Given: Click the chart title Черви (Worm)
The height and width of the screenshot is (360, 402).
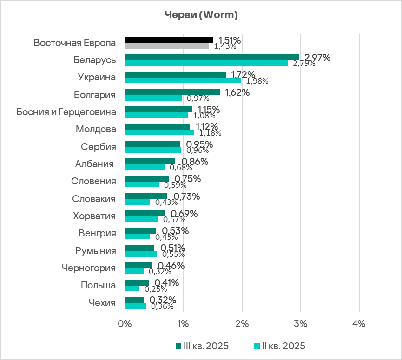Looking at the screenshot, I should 201,15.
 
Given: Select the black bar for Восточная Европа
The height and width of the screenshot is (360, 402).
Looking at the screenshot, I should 169,40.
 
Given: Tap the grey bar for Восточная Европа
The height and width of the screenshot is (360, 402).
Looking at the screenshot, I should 167,46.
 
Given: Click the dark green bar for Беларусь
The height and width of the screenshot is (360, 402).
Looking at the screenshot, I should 212,57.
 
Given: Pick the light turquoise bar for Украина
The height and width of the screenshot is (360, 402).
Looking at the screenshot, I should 183,80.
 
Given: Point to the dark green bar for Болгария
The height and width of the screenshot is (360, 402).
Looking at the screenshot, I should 172,92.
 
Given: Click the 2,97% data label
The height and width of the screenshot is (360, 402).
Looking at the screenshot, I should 317,58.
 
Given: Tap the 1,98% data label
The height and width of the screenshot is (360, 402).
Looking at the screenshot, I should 257,81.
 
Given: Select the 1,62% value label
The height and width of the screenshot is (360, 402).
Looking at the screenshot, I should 237,92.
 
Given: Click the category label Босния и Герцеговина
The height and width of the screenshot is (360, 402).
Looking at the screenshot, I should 66,112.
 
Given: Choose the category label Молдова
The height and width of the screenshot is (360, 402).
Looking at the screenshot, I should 96,129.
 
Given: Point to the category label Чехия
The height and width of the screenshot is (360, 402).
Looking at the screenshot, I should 102,303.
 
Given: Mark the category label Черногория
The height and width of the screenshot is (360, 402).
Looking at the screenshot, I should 89,268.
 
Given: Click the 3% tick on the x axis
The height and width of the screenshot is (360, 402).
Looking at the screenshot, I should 300,323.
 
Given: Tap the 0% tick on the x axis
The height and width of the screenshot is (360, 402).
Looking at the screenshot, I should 125,323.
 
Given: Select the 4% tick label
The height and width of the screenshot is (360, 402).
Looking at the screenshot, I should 359,323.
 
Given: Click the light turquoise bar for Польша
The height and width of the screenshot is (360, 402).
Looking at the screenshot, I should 132,288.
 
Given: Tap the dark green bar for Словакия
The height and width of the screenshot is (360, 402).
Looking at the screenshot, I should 146,196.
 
